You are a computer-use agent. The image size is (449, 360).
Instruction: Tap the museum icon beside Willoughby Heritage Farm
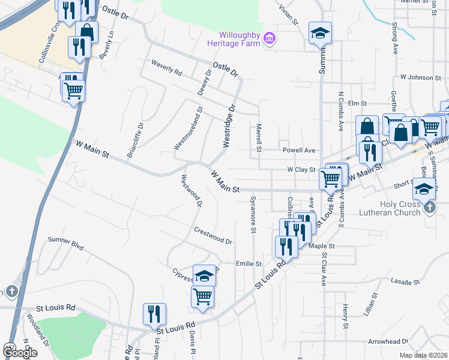point(270,39)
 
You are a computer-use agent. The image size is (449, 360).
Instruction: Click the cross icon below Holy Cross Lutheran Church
point(429,207)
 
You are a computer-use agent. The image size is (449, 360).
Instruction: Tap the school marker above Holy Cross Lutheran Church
point(424,188)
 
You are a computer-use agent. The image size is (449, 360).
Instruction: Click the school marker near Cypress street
point(204,275)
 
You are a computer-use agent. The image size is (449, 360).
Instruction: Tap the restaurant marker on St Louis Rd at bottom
point(154,314)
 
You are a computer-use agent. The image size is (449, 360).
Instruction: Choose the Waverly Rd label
point(166,67)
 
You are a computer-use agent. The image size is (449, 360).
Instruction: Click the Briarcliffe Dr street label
point(135,140)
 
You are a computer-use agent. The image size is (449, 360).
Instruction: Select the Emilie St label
point(249,263)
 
